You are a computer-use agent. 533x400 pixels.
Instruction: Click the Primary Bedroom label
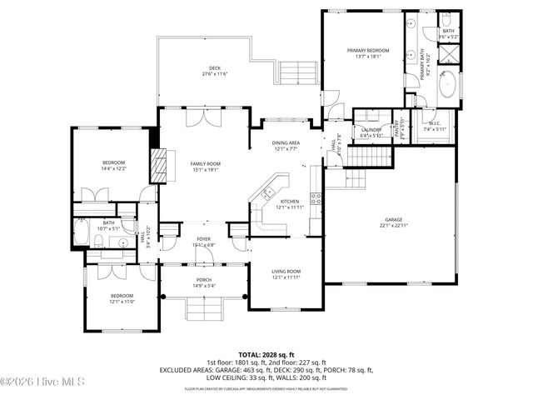(x=367, y=51)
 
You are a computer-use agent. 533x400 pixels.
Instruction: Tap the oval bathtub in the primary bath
(x=447, y=87)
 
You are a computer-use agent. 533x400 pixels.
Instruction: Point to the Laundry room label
(x=371, y=129)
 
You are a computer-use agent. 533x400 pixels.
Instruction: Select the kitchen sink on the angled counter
(x=267, y=194)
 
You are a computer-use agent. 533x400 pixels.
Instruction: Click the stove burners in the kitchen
(x=316, y=198)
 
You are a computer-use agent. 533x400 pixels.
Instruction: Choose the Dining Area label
(x=286, y=142)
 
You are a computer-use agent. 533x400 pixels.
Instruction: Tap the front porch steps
(x=203, y=311)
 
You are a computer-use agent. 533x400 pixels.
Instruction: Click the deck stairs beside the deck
(x=299, y=77)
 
